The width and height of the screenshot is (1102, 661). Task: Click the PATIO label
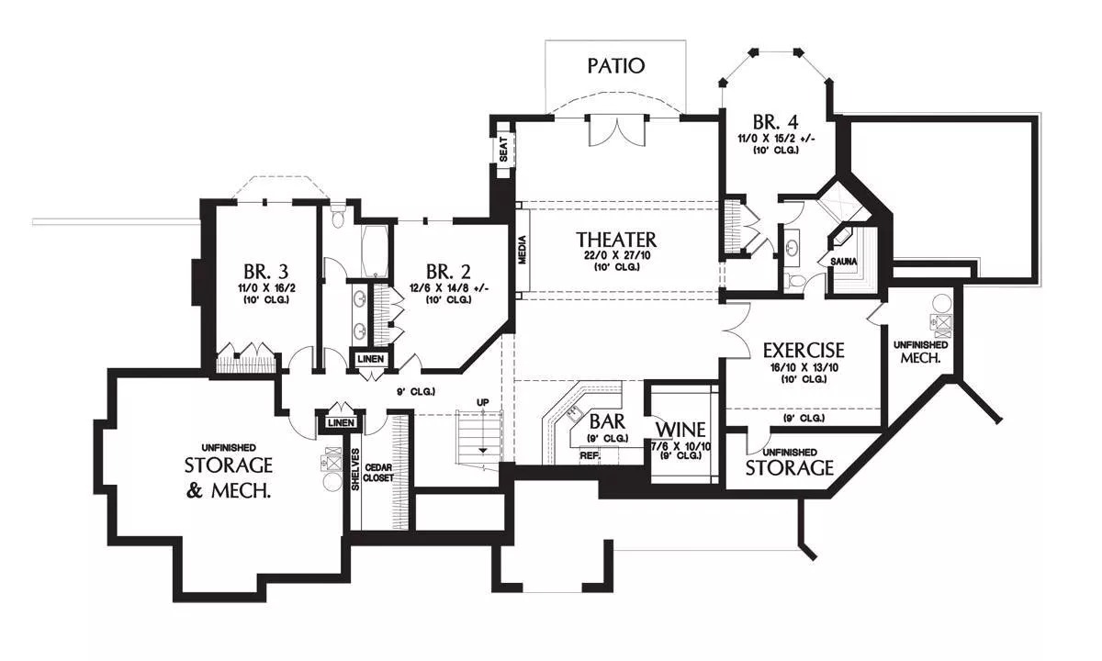pos(616,66)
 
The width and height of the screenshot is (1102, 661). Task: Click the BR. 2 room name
pos(448,272)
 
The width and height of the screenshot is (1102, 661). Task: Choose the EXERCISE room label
pos(804,351)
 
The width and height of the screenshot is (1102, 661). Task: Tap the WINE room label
pos(680,430)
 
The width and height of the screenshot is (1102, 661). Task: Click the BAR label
pos(608,422)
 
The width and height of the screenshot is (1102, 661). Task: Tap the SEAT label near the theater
pos(504,150)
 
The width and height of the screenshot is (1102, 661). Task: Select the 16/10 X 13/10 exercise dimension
pos(804,367)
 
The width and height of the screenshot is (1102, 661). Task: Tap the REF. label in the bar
pos(589,454)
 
